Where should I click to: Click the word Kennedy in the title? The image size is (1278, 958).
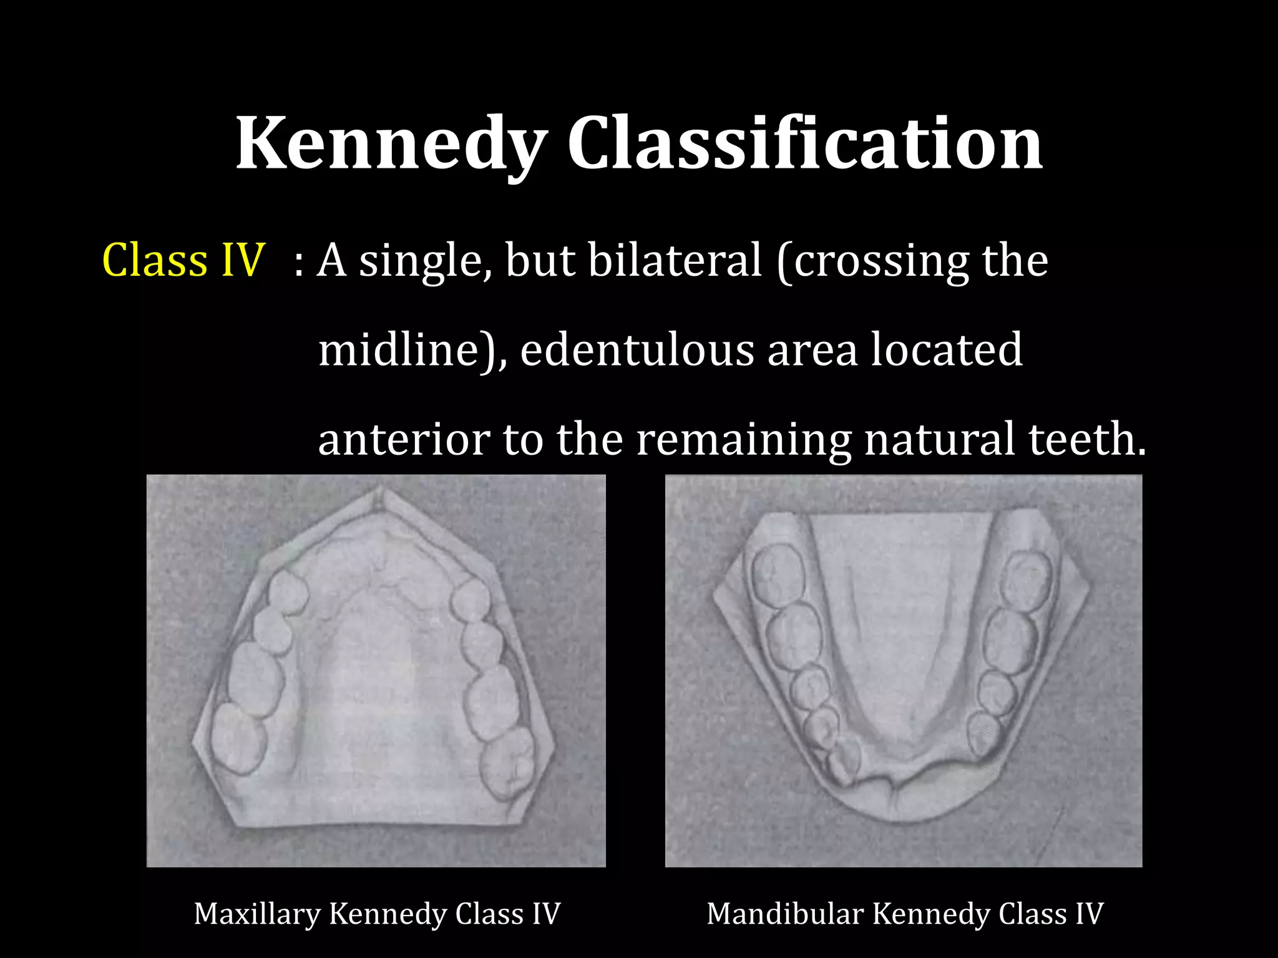[x=391, y=145]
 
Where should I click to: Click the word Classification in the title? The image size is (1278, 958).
[x=804, y=145]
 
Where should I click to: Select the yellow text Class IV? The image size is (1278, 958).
[x=183, y=260]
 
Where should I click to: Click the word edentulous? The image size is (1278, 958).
[x=637, y=350]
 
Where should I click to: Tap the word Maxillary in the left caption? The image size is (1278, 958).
[x=256, y=914]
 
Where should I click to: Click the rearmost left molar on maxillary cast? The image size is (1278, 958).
[x=237, y=739]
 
